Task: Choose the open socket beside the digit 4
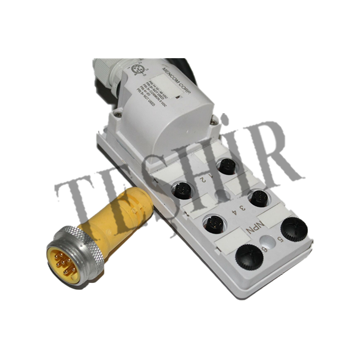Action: coord(213,222)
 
